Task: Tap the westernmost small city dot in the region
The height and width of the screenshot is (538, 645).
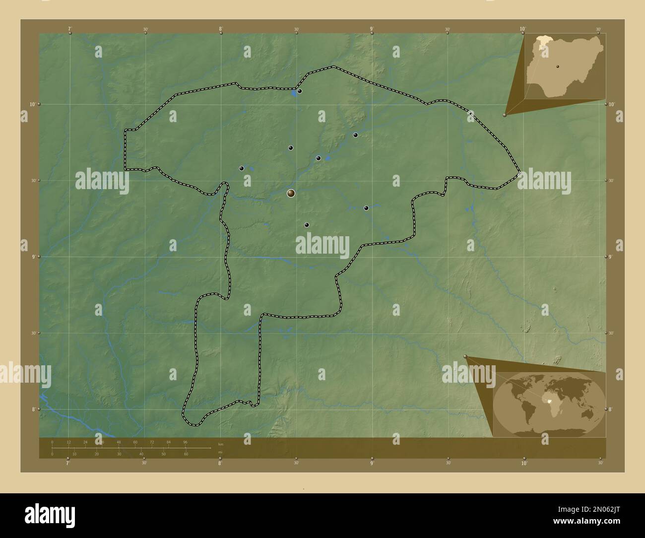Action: [x=241, y=168]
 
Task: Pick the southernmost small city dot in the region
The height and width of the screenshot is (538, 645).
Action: [x=307, y=225]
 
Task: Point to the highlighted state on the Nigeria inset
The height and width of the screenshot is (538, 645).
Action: [x=546, y=38]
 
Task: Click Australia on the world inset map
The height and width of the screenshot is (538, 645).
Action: [x=589, y=413]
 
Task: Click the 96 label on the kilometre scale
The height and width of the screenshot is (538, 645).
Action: [x=185, y=442]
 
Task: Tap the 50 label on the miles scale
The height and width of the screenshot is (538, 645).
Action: [x=164, y=454]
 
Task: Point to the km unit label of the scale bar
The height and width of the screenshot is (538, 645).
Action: [x=220, y=444]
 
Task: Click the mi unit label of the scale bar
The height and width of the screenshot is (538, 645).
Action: [x=220, y=452]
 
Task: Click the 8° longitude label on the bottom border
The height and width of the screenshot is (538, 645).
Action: [x=220, y=463]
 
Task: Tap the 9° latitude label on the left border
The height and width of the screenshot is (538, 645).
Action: [x=34, y=257]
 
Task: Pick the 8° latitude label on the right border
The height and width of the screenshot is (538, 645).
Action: [x=610, y=409]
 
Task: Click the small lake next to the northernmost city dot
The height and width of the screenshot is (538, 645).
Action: [x=294, y=93]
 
